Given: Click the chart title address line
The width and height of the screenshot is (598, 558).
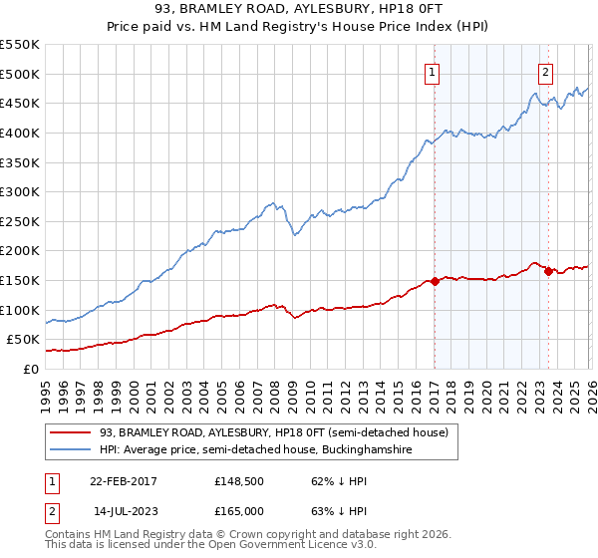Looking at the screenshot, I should tap(299, 10).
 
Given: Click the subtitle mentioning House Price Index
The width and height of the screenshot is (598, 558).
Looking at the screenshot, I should tap(299, 27).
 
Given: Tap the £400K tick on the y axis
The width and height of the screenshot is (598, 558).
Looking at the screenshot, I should tap(20, 133).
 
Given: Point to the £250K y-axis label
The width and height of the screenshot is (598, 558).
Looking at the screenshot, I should tap(20, 221).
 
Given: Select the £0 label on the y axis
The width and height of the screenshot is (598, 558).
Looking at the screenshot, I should tap(30, 369).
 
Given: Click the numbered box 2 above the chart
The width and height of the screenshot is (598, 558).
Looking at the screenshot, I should tap(546, 71).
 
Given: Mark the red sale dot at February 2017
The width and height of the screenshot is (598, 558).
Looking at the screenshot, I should tap(435, 281).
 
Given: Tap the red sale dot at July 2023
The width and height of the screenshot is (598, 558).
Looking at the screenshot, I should tap(548, 271).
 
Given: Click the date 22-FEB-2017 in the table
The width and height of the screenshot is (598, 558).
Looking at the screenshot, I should tap(124, 481).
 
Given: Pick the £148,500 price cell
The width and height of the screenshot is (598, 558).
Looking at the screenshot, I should tap(238, 481).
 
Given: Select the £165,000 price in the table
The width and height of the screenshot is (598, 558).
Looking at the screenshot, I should tap(238, 510).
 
